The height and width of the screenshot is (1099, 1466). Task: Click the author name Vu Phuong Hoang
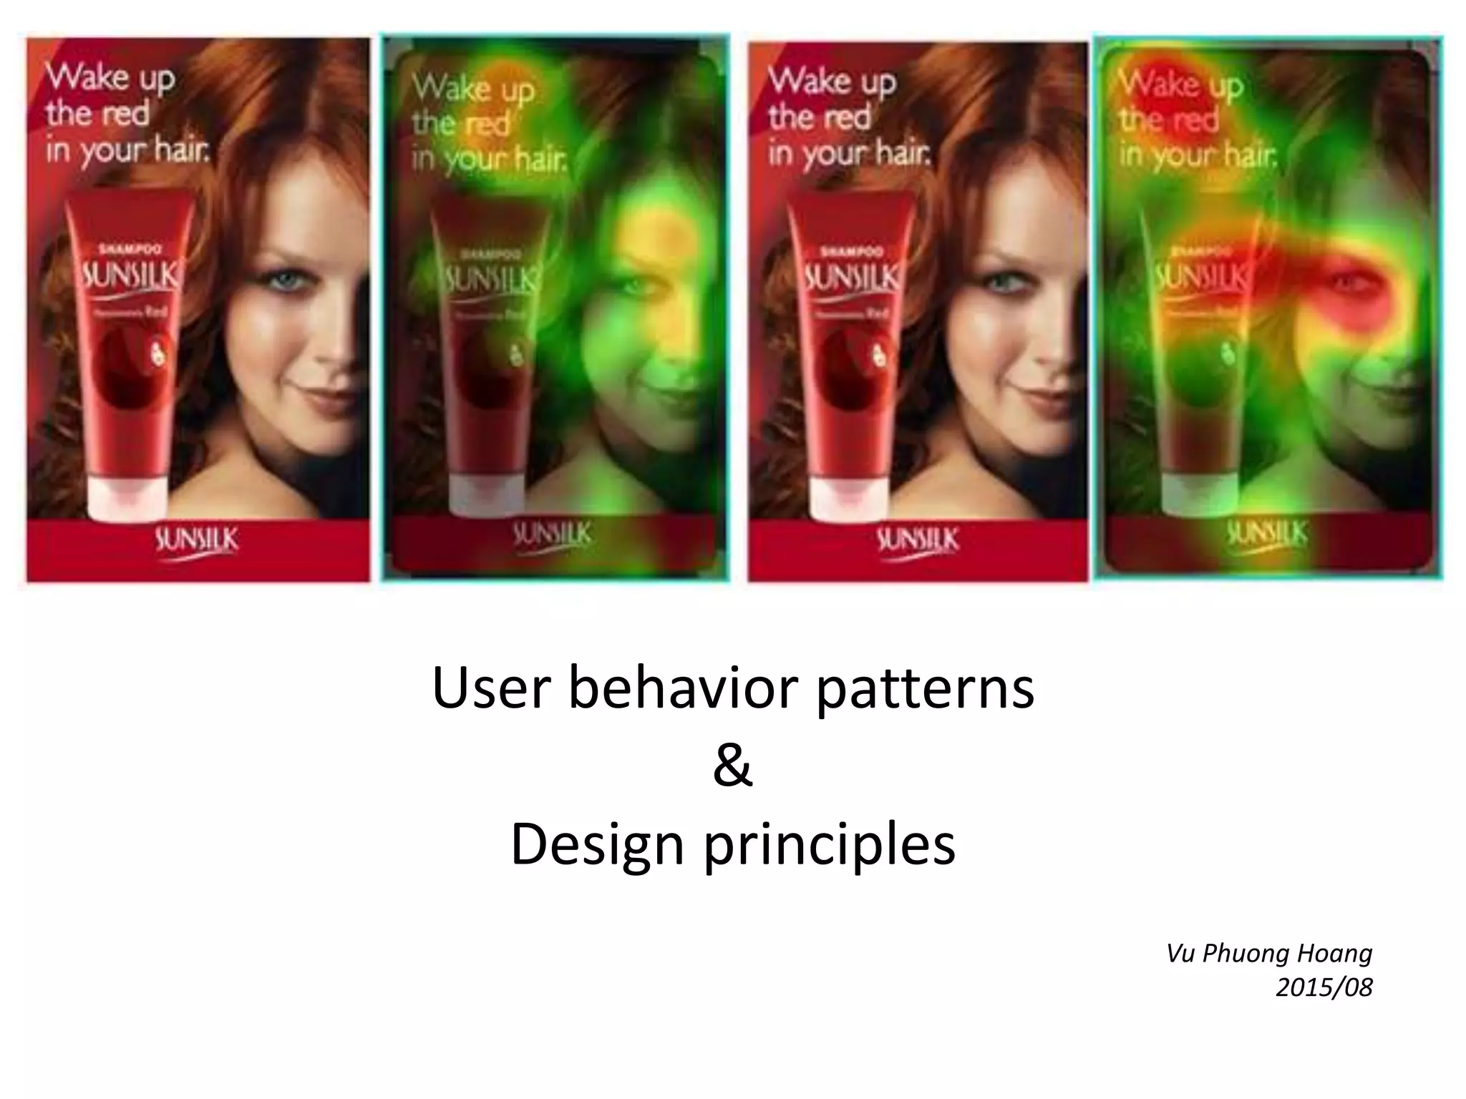click(x=1269, y=954)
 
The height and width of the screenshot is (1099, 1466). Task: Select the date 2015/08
click(x=1324, y=988)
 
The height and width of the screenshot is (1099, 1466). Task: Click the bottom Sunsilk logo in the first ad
click(x=196, y=541)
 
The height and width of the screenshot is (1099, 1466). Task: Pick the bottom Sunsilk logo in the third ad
click(x=917, y=541)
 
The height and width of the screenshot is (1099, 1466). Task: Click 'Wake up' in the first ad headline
click(x=110, y=77)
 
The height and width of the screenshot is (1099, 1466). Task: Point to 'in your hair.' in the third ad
click(x=850, y=153)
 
